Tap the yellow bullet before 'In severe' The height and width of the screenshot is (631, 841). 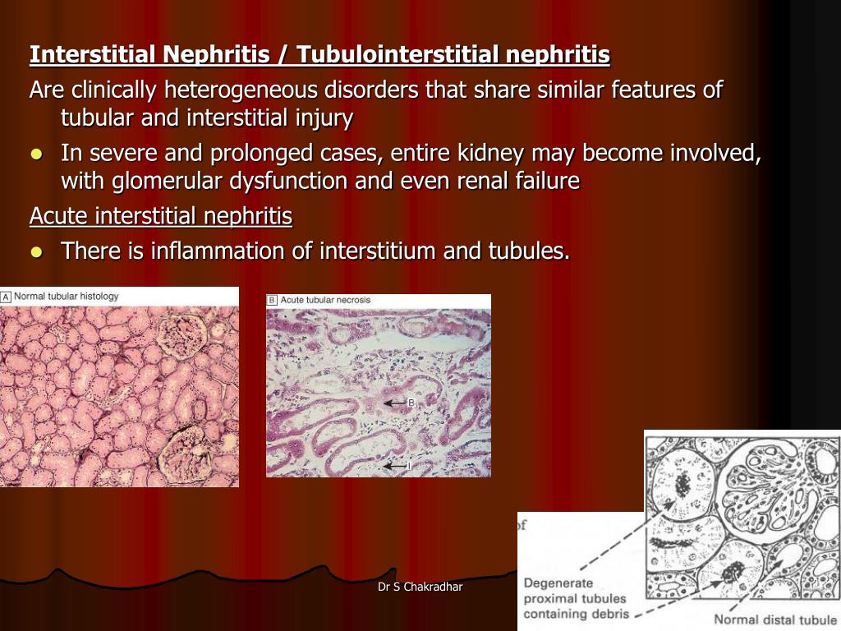click(35, 154)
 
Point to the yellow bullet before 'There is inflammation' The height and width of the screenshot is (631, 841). click(35, 252)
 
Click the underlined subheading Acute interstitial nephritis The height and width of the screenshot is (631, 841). click(161, 217)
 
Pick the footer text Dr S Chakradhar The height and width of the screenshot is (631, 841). click(420, 587)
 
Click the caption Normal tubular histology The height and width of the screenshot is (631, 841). click(67, 296)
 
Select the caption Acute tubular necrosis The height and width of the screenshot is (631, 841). click(325, 300)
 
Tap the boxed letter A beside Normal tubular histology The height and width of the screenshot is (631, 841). click(6, 296)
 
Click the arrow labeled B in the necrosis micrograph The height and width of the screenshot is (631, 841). click(398, 403)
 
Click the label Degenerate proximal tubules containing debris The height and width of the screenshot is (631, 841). click(576, 598)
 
